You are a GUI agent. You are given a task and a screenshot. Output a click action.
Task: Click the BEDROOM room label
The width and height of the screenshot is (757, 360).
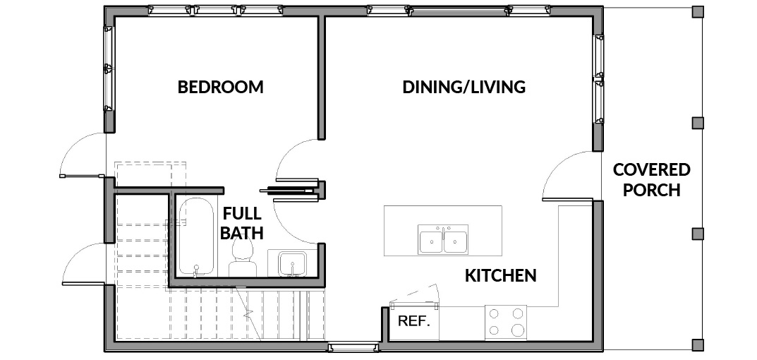221,87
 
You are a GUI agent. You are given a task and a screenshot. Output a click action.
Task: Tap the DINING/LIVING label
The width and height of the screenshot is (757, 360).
464,87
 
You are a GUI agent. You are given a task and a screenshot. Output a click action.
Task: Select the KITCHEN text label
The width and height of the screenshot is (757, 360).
501,275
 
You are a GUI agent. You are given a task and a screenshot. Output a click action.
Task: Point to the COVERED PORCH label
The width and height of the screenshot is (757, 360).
651,180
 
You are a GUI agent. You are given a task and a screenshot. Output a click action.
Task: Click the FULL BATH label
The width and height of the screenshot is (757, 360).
241,223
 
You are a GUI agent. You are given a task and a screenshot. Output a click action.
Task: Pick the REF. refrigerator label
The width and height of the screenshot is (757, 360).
413,321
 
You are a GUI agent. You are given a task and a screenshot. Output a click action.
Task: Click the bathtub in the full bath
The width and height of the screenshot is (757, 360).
195,236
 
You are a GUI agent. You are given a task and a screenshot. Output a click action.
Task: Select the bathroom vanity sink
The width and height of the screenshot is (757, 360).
292,264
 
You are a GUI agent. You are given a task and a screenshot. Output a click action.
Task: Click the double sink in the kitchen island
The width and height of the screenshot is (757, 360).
443,239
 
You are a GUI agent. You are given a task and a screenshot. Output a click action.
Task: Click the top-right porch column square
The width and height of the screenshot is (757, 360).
698,11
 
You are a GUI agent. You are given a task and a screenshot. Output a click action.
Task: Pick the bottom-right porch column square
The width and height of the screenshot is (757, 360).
698,344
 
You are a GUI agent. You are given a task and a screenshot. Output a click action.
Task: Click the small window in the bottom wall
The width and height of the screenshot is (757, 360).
353,347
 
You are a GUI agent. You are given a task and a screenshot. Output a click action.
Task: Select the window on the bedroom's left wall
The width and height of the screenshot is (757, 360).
109,68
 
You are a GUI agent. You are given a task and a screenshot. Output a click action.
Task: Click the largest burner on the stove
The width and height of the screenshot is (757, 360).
518,330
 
